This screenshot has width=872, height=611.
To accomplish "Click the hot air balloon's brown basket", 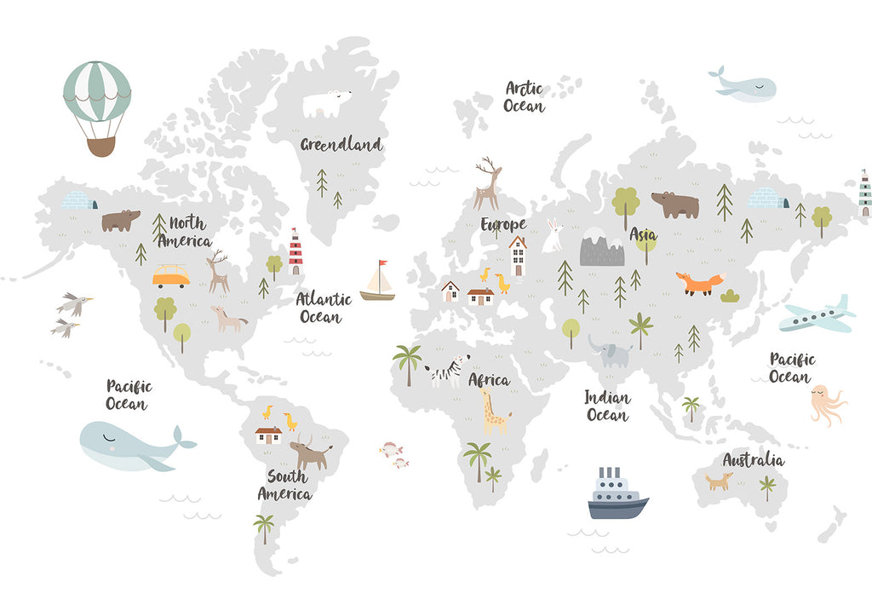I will click(x=100, y=147).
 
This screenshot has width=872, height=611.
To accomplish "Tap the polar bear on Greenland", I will click(x=328, y=103).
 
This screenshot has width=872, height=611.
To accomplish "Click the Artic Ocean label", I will click(x=524, y=97).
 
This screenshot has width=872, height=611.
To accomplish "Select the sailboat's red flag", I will click(x=383, y=263).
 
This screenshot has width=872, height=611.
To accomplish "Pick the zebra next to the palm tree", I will click(x=448, y=372).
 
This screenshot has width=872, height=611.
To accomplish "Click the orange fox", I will click(x=700, y=283).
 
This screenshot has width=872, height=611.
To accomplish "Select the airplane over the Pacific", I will click(x=817, y=316).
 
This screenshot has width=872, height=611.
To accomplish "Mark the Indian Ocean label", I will click(x=607, y=406).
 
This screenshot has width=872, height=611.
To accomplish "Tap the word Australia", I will click(x=753, y=460).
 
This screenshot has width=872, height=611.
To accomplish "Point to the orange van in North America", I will click(x=171, y=276).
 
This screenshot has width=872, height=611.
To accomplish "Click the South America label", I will click(x=284, y=485).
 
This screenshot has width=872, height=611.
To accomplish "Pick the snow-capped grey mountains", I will click(x=602, y=247).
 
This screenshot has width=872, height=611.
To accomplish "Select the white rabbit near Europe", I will click(x=554, y=236).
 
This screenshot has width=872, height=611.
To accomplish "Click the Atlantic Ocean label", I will click(x=323, y=308).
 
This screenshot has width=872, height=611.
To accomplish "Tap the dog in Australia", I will click(x=719, y=481).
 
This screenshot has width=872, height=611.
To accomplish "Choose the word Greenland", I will click(x=341, y=145).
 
